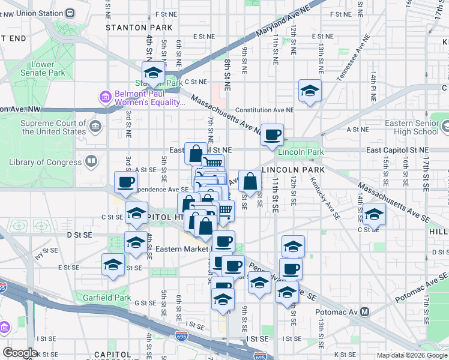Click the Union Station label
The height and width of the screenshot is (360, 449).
(32, 12)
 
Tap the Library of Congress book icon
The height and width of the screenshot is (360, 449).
(91, 161)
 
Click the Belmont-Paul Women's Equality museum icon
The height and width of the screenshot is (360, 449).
(106, 97)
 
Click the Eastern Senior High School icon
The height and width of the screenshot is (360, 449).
(445, 127)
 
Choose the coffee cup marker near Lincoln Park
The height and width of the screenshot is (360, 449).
(272, 135)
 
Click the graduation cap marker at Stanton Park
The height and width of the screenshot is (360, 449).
(154, 73)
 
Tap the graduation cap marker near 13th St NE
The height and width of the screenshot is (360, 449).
(310, 91)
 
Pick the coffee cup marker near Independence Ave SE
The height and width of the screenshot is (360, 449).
(126, 182)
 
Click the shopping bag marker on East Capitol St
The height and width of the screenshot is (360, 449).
(196, 154)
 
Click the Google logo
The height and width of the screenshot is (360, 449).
(20, 352)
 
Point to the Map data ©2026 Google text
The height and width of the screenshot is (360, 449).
(412, 355)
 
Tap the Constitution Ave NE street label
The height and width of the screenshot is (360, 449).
(265, 110)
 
